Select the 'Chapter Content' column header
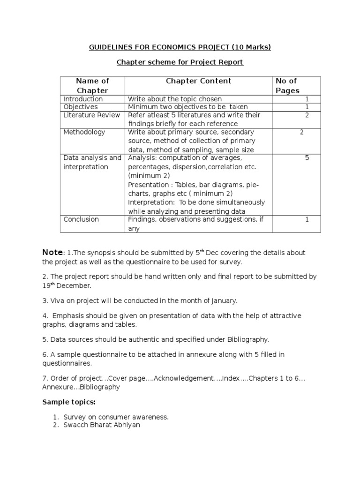pos(198,81)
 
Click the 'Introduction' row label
pos(83,99)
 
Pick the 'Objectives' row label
pos(81,107)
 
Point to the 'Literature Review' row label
pos(90,115)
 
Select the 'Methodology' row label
pos(84,132)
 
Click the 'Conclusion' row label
pos(81,219)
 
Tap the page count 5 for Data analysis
pos(307,158)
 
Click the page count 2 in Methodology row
pos(302,132)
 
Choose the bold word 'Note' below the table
pos(52,253)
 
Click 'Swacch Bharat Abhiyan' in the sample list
pos(102,425)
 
